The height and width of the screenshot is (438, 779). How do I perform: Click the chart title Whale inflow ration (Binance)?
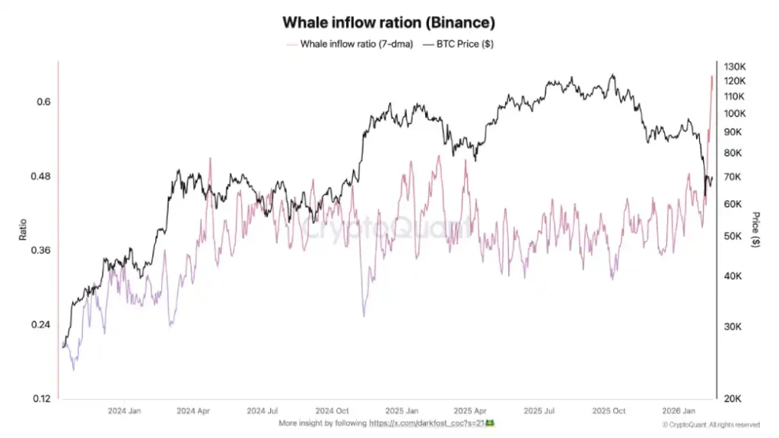pos(389,24)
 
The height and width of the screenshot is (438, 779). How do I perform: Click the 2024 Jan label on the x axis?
pos(123,410)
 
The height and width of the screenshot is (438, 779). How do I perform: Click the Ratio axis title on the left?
pos(23,230)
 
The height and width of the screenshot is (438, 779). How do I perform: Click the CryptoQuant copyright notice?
pos(711,424)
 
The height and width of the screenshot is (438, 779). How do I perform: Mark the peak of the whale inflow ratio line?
pos(712,76)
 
